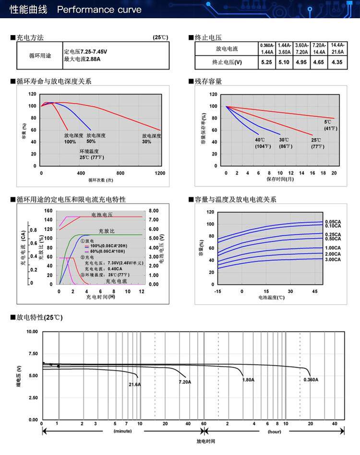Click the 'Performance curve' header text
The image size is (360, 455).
click(99, 10)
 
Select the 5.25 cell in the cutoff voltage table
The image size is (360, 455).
click(266, 62)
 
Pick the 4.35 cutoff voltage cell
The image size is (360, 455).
click(337, 62)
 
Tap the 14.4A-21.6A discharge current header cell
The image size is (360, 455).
click(337, 48)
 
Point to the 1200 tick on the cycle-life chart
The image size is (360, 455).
click(160, 173)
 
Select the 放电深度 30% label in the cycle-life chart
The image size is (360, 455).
click(151, 139)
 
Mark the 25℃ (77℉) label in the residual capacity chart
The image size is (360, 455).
click(317, 143)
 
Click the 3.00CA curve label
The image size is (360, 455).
click(333, 260)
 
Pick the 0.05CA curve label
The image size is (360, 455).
click(333, 221)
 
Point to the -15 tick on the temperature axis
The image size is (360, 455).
click(218, 291)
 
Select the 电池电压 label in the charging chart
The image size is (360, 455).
click(102, 215)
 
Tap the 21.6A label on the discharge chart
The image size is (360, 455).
click(134, 384)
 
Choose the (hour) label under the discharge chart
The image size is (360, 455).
click(275, 431)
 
